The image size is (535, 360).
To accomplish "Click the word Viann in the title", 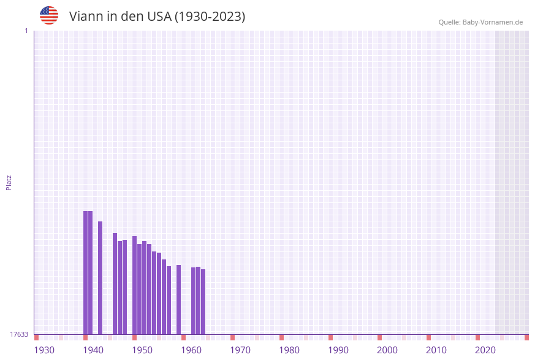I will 86,17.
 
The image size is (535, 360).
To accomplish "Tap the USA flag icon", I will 49,15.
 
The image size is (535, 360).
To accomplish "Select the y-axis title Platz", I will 9,182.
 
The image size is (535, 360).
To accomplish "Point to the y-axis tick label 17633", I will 19,334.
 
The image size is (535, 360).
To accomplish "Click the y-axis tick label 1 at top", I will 26,31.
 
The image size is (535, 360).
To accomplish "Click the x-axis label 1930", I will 44,350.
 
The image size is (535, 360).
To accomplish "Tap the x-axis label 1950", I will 142,350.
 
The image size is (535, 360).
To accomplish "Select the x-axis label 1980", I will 289,350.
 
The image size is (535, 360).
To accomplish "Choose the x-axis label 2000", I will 387,350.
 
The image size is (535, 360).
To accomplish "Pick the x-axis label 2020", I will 485,350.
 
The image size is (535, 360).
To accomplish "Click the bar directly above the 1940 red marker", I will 86,273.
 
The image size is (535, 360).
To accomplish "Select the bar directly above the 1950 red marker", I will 135,285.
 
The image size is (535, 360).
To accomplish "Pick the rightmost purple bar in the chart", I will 203,302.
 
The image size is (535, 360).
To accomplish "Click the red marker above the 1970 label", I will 233,337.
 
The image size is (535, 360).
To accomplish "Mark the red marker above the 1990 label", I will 331,337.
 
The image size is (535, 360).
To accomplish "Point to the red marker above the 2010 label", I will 429,337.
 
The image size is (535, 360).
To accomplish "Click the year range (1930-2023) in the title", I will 210,17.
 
